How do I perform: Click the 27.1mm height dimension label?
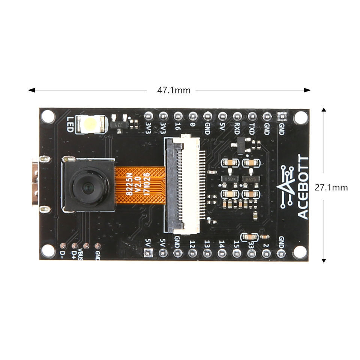pyautogui.click(x=331, y=187)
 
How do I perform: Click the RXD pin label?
pyautogui.click(x=237, y=129)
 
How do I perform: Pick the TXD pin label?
pyautogui.click(x=252, y=129)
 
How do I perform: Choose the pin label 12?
pyautogui.click(x=192, y=243)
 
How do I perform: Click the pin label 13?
pyautogui.click(x=207, y=243)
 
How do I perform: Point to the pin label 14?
pyautogui.click(x=222, y=243)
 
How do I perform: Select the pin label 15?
pyautogui.click(x=236, y=243)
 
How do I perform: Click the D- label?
pyautogui.click(x=63, y=255)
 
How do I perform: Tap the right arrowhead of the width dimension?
pyautogui.click(x=308, y=90)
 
